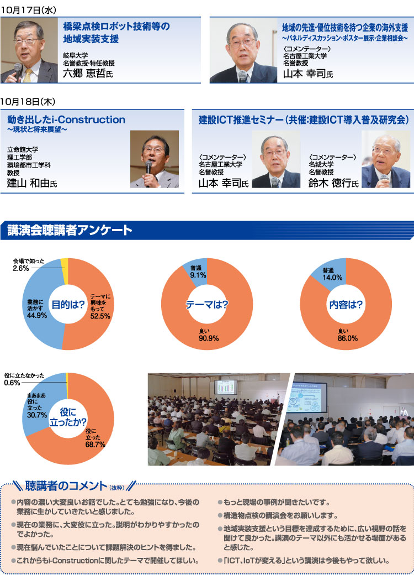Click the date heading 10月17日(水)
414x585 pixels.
[28, 10]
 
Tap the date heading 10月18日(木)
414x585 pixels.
[28, 102]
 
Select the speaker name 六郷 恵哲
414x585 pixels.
[84, 73]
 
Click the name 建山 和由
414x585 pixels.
[28, 183]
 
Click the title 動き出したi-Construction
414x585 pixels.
[66, 120]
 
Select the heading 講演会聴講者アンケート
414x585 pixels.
[70, 230]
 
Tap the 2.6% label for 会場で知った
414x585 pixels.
[21, 268]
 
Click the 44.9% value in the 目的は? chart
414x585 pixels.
[37, 315]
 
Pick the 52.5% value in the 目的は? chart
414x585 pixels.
[100, 316]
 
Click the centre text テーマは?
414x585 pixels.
[207, 305]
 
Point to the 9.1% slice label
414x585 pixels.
[198, 275]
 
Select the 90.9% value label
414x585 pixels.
[209, 338]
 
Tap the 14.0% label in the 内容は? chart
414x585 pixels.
[332, 278]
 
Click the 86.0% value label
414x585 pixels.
[348, 338]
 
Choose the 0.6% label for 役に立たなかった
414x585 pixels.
[12, 383]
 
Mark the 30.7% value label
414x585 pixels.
[37, 415]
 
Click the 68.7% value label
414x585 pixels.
[95, 445]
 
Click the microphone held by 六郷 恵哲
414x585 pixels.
[17, 71]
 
